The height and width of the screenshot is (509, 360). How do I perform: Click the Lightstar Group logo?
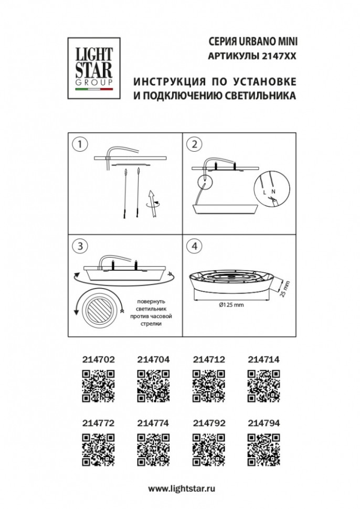pos(94,68)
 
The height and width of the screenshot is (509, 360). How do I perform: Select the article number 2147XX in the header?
pos(279,56)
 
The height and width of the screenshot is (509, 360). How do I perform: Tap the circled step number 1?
pos(80,144)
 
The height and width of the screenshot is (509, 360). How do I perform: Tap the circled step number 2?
pos(194,144)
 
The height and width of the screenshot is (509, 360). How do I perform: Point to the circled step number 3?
pos(80,246)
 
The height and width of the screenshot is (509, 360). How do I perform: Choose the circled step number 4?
pos(194,246)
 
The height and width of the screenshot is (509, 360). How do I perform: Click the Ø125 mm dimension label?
pos(231,305)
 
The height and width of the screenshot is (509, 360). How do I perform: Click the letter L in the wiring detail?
pos(264,193)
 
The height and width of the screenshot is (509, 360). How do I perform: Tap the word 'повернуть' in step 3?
pos(151,302)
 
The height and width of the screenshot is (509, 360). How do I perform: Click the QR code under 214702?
pos(98,386)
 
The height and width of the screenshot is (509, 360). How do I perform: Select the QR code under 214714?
pos(263,386)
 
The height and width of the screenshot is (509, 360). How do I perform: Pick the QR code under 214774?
pos(153,450)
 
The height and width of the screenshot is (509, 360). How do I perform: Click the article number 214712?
pos(209,359)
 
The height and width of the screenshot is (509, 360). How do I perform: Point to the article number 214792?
pos(209,423)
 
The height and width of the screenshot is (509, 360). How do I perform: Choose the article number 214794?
pos(263,423)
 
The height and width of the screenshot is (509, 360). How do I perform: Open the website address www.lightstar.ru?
pos(182,488)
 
